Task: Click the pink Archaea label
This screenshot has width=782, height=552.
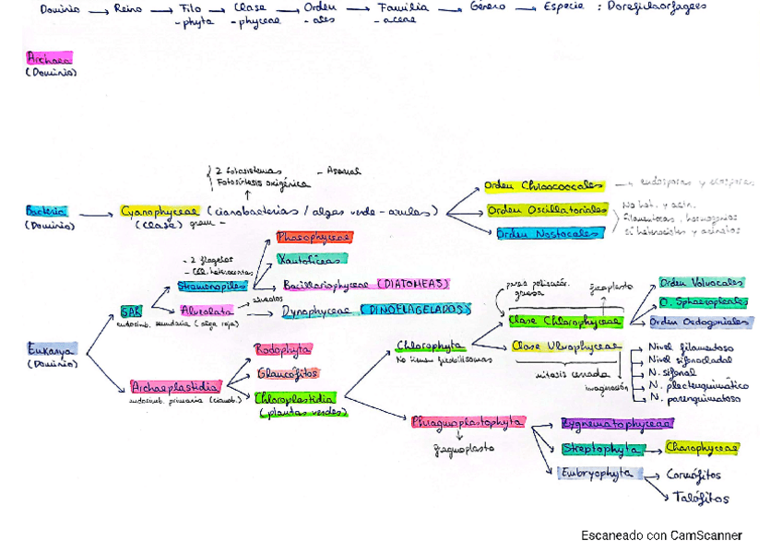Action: click(50, 57)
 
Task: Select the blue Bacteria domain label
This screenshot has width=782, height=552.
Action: click(46, 211)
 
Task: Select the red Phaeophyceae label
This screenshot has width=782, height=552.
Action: click(314, 238)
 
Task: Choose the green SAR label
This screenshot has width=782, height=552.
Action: click(131, 311)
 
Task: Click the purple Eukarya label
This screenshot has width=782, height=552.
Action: click(53, 349)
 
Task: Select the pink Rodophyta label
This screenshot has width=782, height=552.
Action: click(283, 350)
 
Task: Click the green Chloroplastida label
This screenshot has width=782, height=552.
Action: click(295, 399)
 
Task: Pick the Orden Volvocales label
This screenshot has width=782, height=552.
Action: click(701, 283)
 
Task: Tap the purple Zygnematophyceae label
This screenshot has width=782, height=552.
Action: click(617, 424)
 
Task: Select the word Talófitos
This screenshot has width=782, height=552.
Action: click(699, 498)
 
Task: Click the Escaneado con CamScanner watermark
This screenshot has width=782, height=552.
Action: click(661, 535)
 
